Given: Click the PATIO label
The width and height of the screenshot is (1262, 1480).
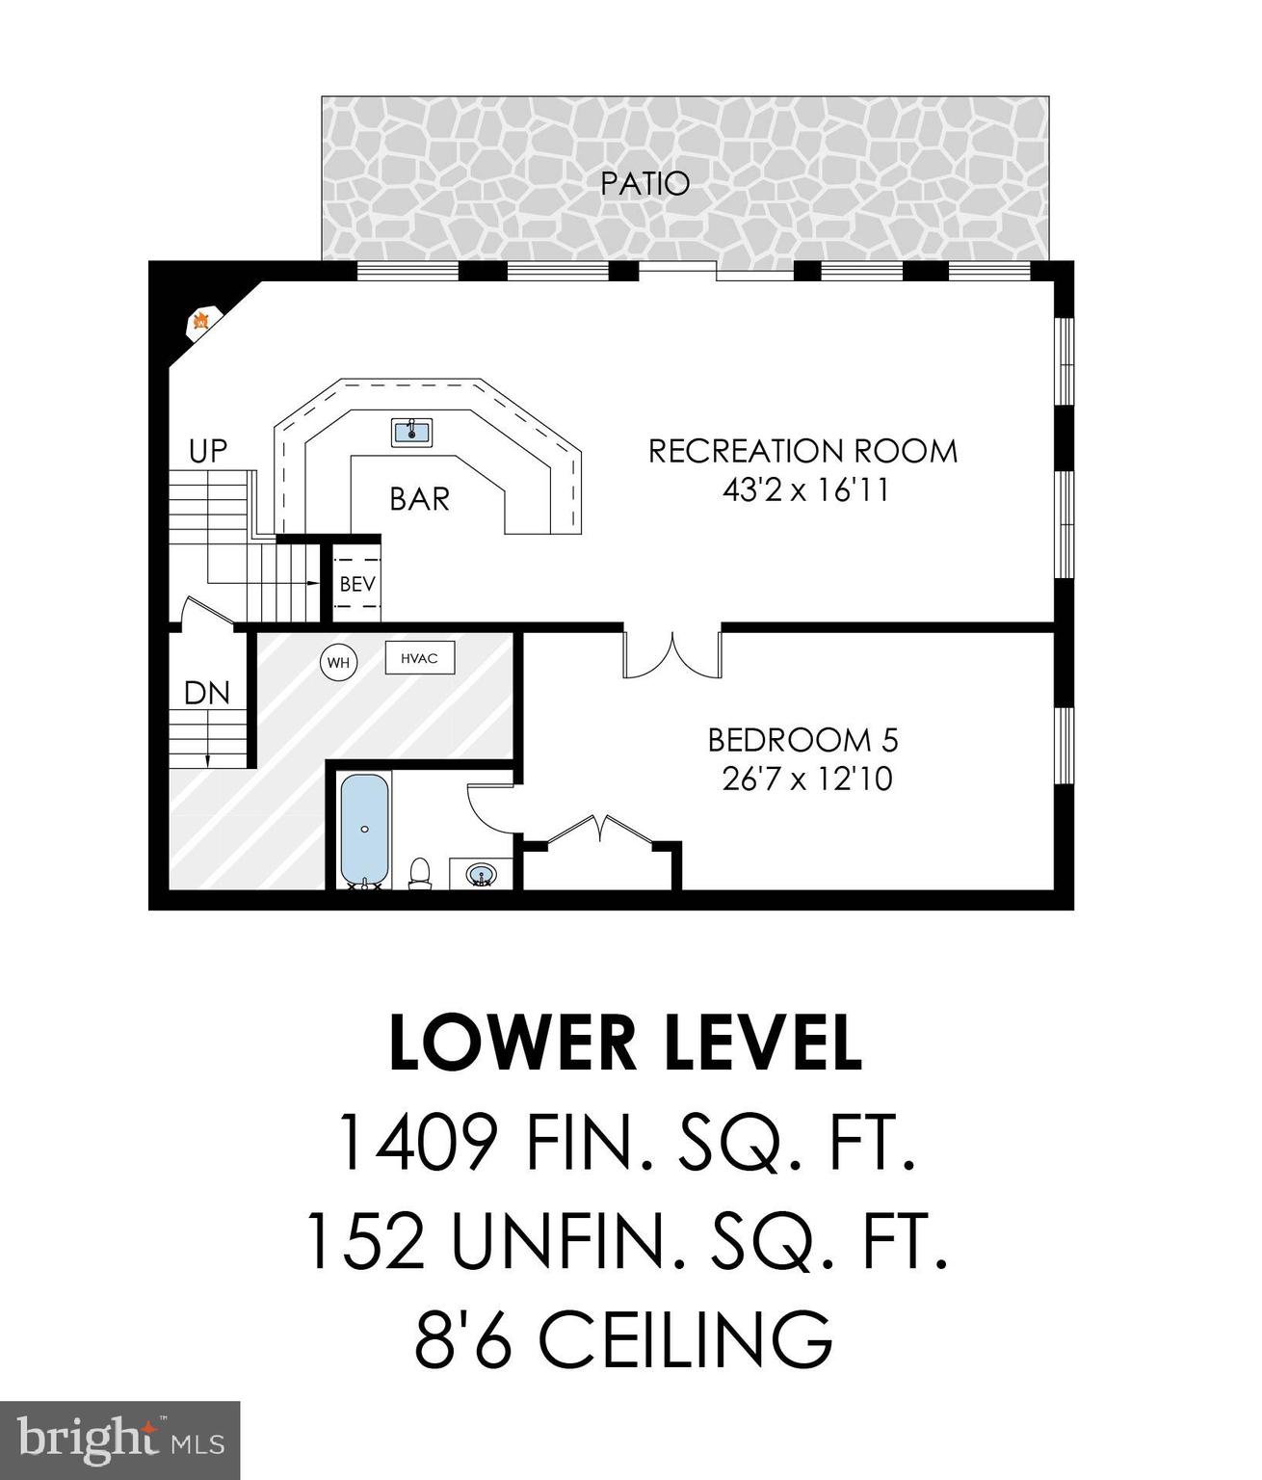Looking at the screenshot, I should click(644, 183).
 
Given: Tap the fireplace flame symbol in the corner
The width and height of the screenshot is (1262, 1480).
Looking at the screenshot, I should click(201, 321).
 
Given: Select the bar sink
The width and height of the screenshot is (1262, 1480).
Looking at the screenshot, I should click(412, 432).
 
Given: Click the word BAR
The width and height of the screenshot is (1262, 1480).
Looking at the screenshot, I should click(419, 499).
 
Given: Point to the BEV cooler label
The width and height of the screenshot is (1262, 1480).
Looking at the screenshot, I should click(356, 584).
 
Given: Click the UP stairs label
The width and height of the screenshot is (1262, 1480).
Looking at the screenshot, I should click(208, 451).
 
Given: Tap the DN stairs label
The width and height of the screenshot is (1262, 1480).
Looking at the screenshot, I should click(207, 693).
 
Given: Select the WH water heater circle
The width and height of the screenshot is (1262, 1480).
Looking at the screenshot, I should click(338, 663).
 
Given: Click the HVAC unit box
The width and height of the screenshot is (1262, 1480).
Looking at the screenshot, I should click(420, 658).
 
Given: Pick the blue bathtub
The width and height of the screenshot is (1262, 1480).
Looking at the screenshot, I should click(364, 829).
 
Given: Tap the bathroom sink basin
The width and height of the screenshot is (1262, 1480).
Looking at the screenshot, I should click(482, 875).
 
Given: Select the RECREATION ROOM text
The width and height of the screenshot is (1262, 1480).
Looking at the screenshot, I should click(802, 451).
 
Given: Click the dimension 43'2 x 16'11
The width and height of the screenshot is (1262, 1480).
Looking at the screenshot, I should click(805, 490).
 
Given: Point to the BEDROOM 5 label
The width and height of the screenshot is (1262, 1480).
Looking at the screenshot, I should click(802, 740).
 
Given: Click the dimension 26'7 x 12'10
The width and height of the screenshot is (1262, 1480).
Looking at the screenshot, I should click(807, 779).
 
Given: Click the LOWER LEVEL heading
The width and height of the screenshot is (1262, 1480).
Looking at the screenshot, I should click(625, 1044).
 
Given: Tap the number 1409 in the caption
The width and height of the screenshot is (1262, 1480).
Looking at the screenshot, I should click(416, 1142).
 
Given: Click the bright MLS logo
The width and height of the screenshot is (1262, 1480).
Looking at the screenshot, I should click(119, 1440).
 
